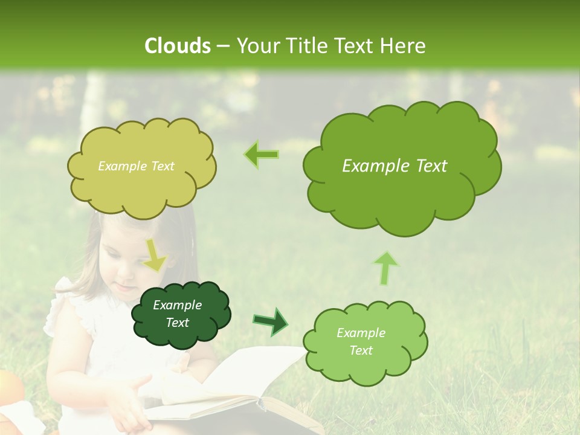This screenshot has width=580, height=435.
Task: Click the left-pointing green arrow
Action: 262,155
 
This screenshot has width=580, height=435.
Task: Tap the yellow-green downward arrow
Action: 155,255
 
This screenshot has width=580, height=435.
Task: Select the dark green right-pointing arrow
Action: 271,321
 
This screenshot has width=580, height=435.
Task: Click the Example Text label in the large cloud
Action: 395,166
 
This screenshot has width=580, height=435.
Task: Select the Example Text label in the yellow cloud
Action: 136,166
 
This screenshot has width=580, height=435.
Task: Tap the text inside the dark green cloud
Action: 177,314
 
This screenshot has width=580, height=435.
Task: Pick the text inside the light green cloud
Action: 361,341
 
